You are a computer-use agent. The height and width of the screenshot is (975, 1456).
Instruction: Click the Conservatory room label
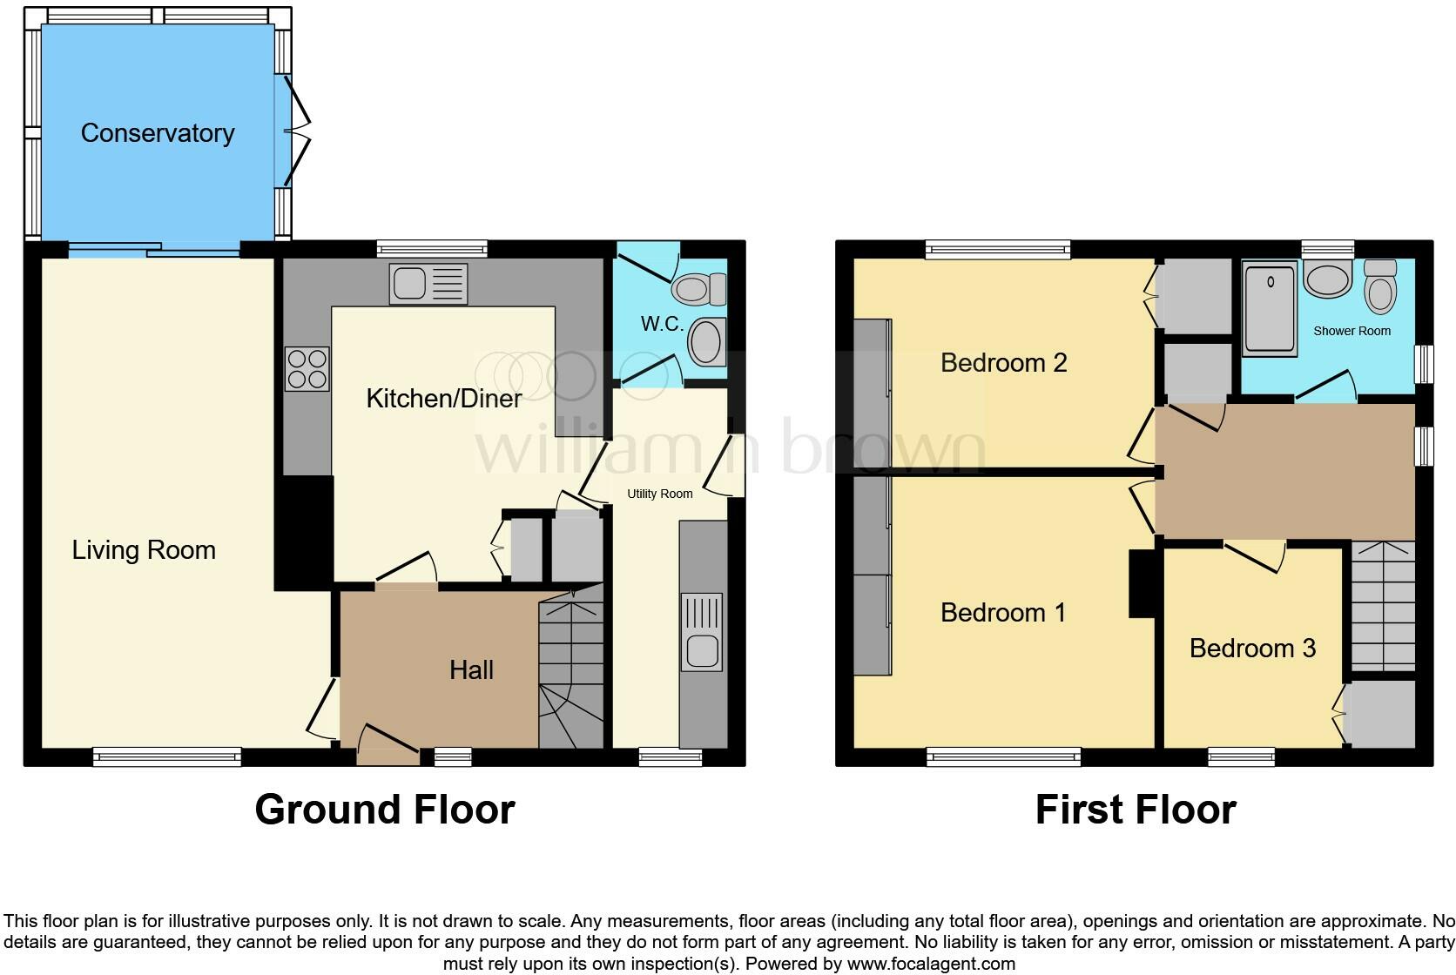click(x=158, y=133)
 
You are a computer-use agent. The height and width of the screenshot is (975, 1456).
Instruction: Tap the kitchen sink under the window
click(x=428, y=284)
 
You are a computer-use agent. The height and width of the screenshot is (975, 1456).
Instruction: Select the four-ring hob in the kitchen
click(x=307, y=368)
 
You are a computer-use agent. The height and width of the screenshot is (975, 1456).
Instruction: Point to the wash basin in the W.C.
click(x=706, y=342)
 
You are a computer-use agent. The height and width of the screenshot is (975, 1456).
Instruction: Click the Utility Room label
click(x=659, y=494)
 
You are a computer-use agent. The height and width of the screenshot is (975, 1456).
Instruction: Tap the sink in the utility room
click(x=701, y=633)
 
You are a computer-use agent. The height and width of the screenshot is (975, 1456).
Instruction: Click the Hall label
click(x=471, y=669)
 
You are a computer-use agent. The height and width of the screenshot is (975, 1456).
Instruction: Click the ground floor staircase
click(x=571, y=670)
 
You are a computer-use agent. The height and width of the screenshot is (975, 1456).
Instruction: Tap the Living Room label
click(x=144, y=550)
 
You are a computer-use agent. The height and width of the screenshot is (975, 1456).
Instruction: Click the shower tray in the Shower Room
click(x=1270, y=309)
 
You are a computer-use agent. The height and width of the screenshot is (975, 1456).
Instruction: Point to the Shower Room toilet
click(x=1380, y=286)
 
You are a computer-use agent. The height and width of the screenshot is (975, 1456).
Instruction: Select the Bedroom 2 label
click(x=1003, y=362)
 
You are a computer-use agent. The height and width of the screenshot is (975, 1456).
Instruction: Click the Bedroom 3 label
click(x=1251, y=648)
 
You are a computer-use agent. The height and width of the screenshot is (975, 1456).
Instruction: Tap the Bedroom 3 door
click(x=1256, y=555)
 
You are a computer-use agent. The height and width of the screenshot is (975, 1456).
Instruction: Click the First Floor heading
click(x=1135, y=810)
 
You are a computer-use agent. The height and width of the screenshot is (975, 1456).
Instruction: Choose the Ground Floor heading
click(x=384, y=810)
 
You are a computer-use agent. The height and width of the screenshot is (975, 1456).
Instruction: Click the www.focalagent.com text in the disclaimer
click(x=930, y=964)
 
